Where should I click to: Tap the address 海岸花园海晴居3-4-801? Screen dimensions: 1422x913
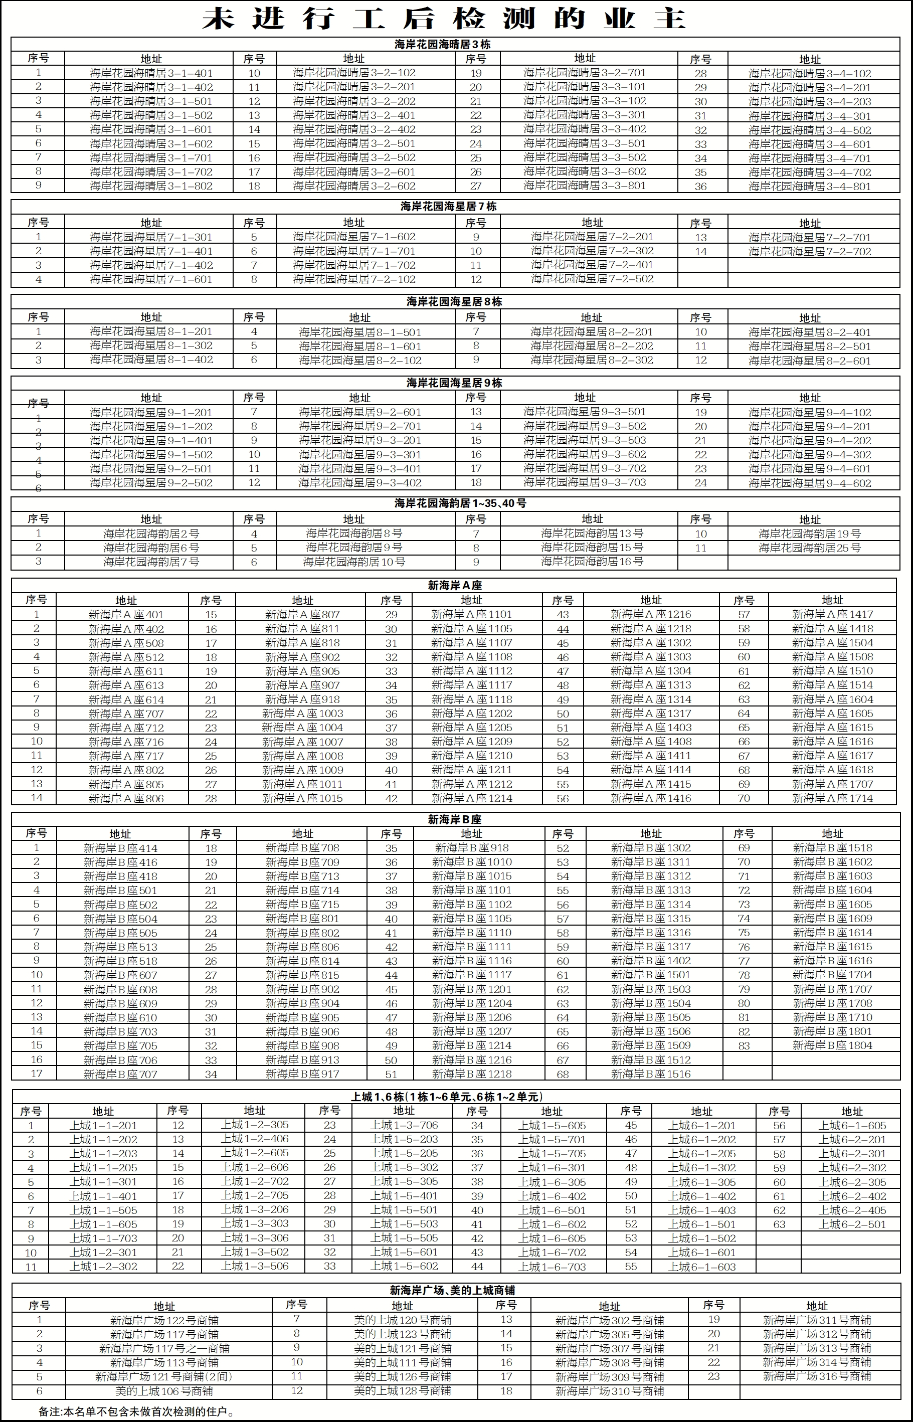pos(809,187)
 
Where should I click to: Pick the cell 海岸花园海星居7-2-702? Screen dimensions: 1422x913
pos(809,252)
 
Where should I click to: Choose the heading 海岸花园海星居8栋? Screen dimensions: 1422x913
pos(454,302)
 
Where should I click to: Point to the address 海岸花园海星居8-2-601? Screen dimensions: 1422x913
pos(809,361)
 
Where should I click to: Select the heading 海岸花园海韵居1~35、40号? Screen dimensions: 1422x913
pos(460,503)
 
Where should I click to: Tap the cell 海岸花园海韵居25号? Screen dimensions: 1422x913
pos(809,548)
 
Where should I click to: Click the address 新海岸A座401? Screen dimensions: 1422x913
pos(126,615)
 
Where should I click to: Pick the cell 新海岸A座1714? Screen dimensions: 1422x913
pos(832,798)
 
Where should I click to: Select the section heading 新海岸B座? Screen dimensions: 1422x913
pos(454,820)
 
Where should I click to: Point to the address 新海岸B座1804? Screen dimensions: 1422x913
pos(832,1045)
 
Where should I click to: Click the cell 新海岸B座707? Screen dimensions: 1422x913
pos(120,1075)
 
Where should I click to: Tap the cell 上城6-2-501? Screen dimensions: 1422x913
pos(852,1224)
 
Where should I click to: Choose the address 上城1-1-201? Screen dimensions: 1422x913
pos(103,1126)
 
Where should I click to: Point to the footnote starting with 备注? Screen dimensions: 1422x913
pos(137,1412)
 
